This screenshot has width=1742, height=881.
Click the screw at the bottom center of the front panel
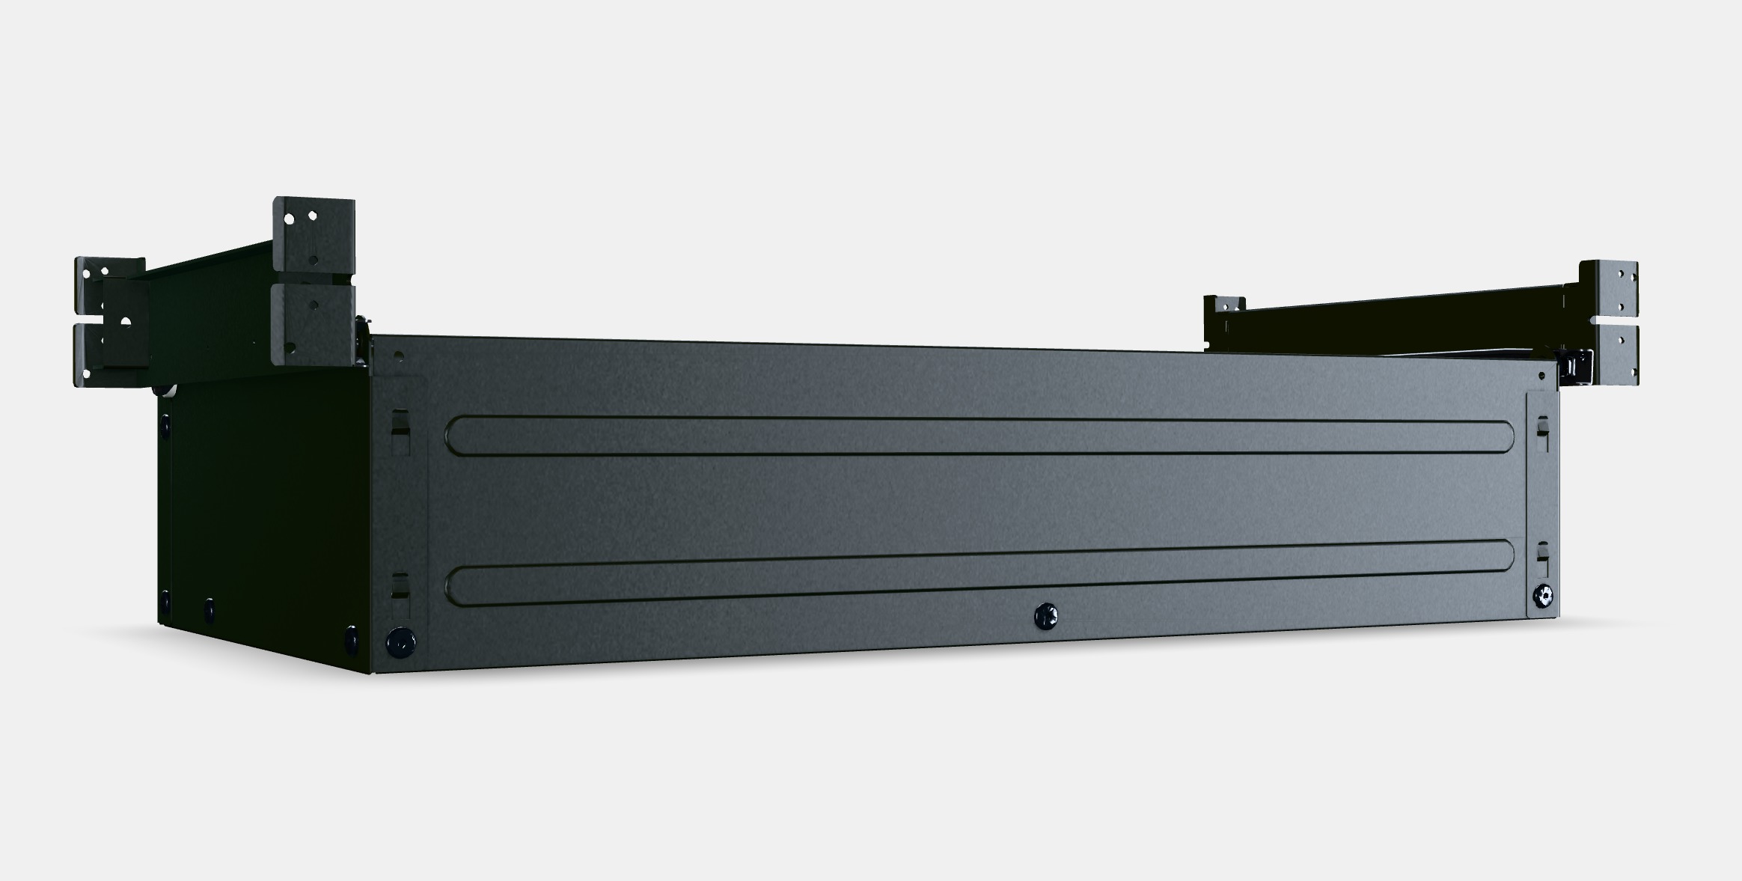pos(1045,616)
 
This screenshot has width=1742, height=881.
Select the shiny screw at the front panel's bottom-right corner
pos(1540,596)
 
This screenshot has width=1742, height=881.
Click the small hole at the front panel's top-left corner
pos(399,356)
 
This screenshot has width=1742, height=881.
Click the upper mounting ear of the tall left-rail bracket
pos(313,234)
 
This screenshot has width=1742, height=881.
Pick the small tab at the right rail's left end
pos(1224,305)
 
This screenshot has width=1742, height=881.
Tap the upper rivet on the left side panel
pos(164,422)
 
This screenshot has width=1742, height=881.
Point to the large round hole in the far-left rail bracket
pos(125,321)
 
